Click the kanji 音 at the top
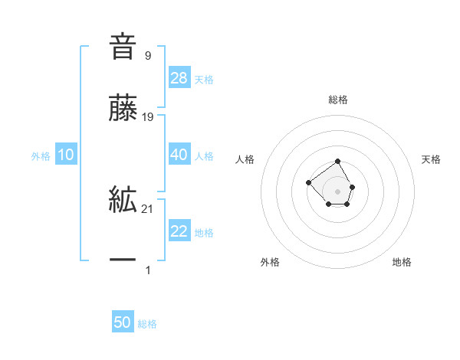(123, 45)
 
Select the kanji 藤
(123, 109)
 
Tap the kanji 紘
(123, 201)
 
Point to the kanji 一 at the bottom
(123, 261)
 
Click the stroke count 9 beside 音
(147, 55)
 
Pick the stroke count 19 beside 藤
(149, 117)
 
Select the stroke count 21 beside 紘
(149, 209)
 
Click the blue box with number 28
(179, 77)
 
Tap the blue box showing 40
(179, 155)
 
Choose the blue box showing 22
(179, 231)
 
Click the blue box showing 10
(66, 155)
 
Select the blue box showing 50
(123, 322)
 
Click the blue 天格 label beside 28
(203, 79)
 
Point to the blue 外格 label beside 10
(41, 155)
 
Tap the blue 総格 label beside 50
(147, 324)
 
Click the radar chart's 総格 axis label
(338, 100)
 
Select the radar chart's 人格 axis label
(245, 159)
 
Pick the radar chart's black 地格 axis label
(402, 262)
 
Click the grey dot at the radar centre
(338, 191)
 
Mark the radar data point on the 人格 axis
(308, 182)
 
